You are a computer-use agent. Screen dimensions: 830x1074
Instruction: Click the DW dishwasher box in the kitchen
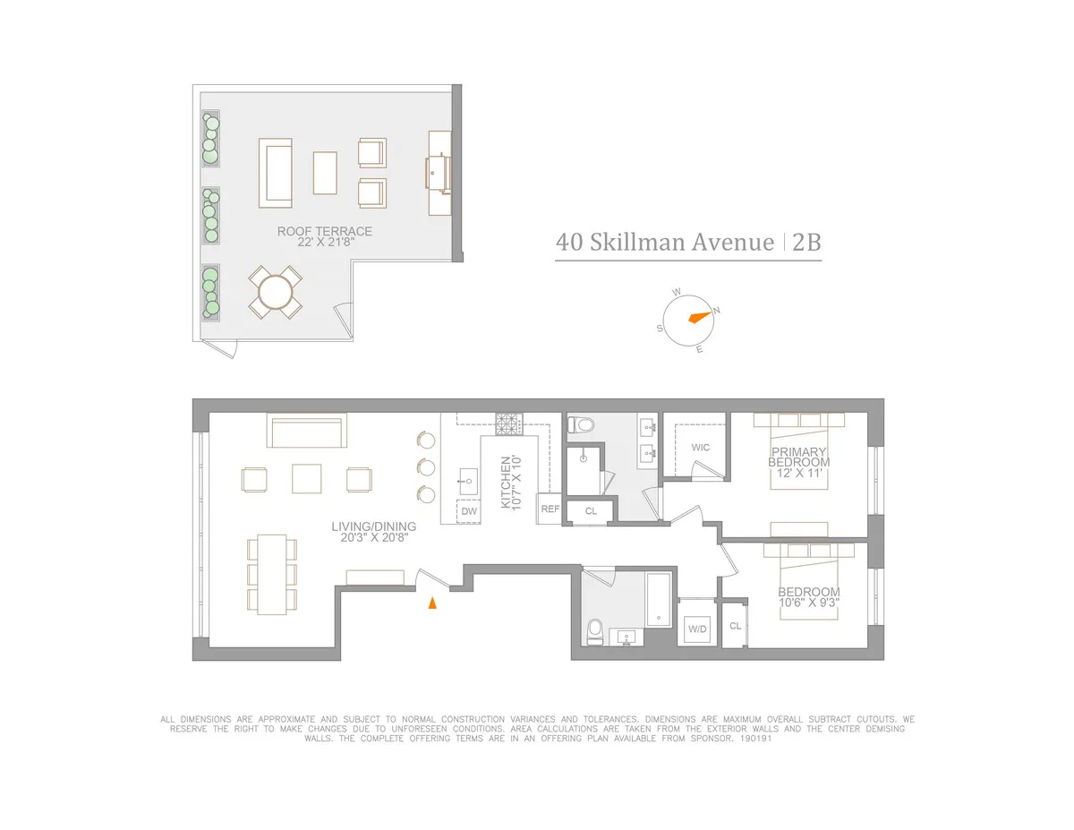click(x=469, y=511)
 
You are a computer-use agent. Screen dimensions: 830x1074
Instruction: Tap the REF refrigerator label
click(x=549, y=508)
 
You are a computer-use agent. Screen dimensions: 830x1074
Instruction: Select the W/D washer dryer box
click(x=697, y=628)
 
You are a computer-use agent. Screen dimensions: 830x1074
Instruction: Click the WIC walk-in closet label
click(x=701, y=447)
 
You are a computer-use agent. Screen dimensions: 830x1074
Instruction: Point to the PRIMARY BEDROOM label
click(x=798, y=457)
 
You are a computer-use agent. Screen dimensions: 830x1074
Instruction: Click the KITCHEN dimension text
click(x=509, y=483)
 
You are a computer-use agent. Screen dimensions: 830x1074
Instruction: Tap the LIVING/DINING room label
click(x=373, y=533)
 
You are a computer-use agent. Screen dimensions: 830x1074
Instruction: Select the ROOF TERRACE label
click(x=324, y=235)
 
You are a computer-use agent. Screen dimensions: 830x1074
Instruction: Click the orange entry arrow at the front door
click(x=432, y=603)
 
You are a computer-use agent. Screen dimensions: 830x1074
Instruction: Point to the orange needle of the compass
click(x=698, y=316)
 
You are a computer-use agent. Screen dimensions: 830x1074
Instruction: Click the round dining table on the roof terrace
click(x=275, y=292)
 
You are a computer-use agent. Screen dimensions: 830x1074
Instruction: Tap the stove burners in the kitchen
click(x=507, y=424)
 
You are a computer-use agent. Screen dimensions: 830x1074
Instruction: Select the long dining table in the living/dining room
click(x=272, y=573)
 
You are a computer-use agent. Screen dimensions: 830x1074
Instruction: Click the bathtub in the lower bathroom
click(x=659, y=599)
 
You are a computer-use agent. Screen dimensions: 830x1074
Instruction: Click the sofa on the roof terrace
click(x=276, y=171)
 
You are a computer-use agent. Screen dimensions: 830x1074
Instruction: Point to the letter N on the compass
click(x=717, y=311)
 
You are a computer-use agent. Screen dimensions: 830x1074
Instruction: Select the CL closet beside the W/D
click(x=735, y=626)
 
